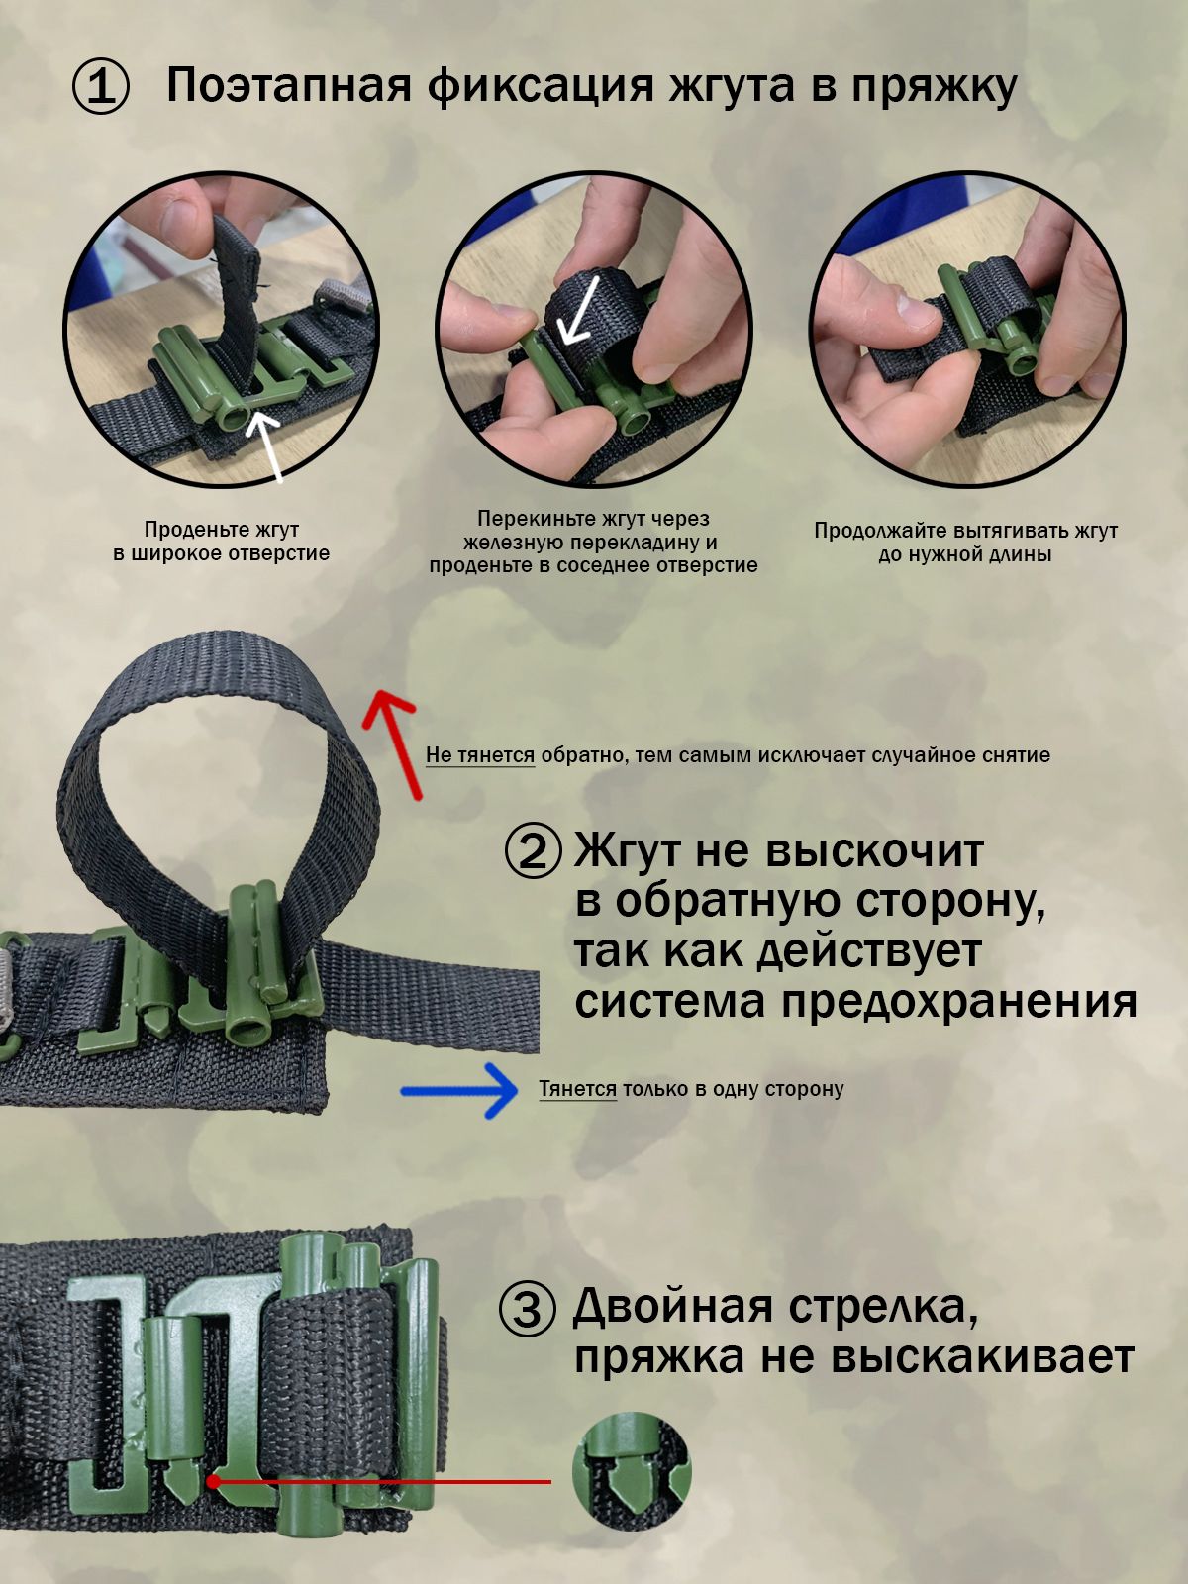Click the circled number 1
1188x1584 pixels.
pos(101,87)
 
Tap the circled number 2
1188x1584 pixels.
pos(533,852)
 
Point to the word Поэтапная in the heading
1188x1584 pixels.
pos(289,85)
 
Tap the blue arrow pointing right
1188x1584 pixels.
pos(459,1090)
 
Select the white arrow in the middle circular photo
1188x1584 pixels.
pos(580,310)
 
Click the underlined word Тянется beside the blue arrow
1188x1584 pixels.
pos(578,1088)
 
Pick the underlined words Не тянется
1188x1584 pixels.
pos(480,755)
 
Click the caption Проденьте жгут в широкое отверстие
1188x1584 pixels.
pos(222,542)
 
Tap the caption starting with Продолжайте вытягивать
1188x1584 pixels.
pos(966,543)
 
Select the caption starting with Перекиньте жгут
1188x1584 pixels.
pos(594,542)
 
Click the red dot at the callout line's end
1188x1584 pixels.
pos(214,1482)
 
